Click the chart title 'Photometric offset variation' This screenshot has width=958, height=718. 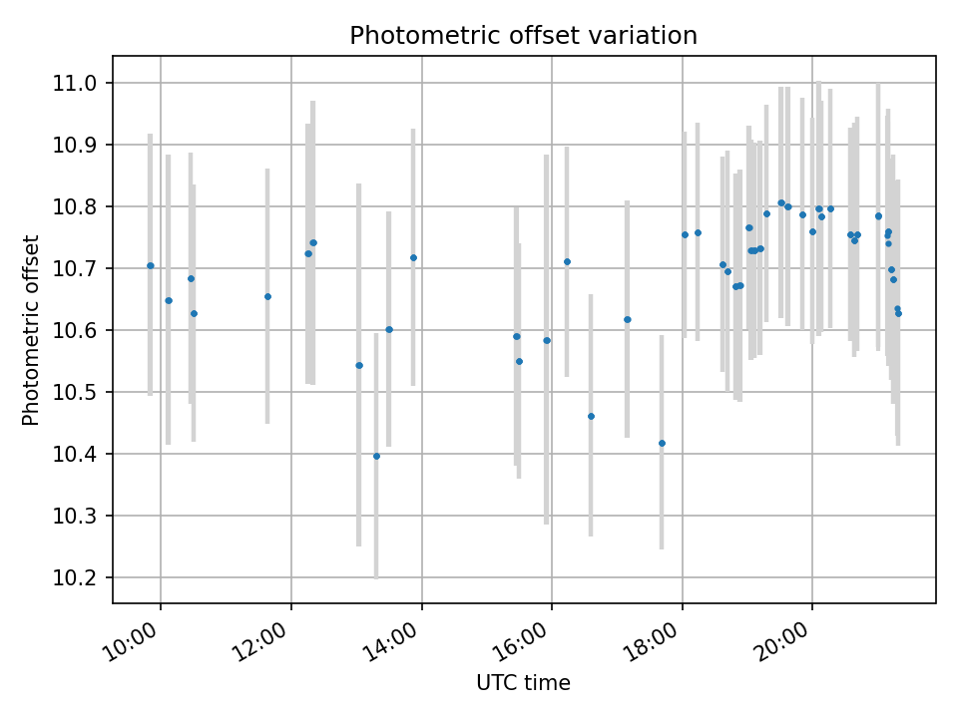[x=523, y=36]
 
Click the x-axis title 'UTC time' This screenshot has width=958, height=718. [x=523, y=684]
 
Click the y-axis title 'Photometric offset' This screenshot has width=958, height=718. [x=31, y=330]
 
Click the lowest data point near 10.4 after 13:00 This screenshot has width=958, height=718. [x=376, y=456]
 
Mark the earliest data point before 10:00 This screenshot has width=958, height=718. [x=151, y=265]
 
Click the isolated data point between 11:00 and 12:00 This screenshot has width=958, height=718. [x=267, y=296]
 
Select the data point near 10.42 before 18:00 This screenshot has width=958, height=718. [x=662, y=443]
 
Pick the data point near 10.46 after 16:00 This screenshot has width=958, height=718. [x=591, y=416]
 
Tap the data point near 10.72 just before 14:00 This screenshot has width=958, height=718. [x=413, y=257]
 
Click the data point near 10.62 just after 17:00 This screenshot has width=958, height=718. [x=628, y=319]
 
